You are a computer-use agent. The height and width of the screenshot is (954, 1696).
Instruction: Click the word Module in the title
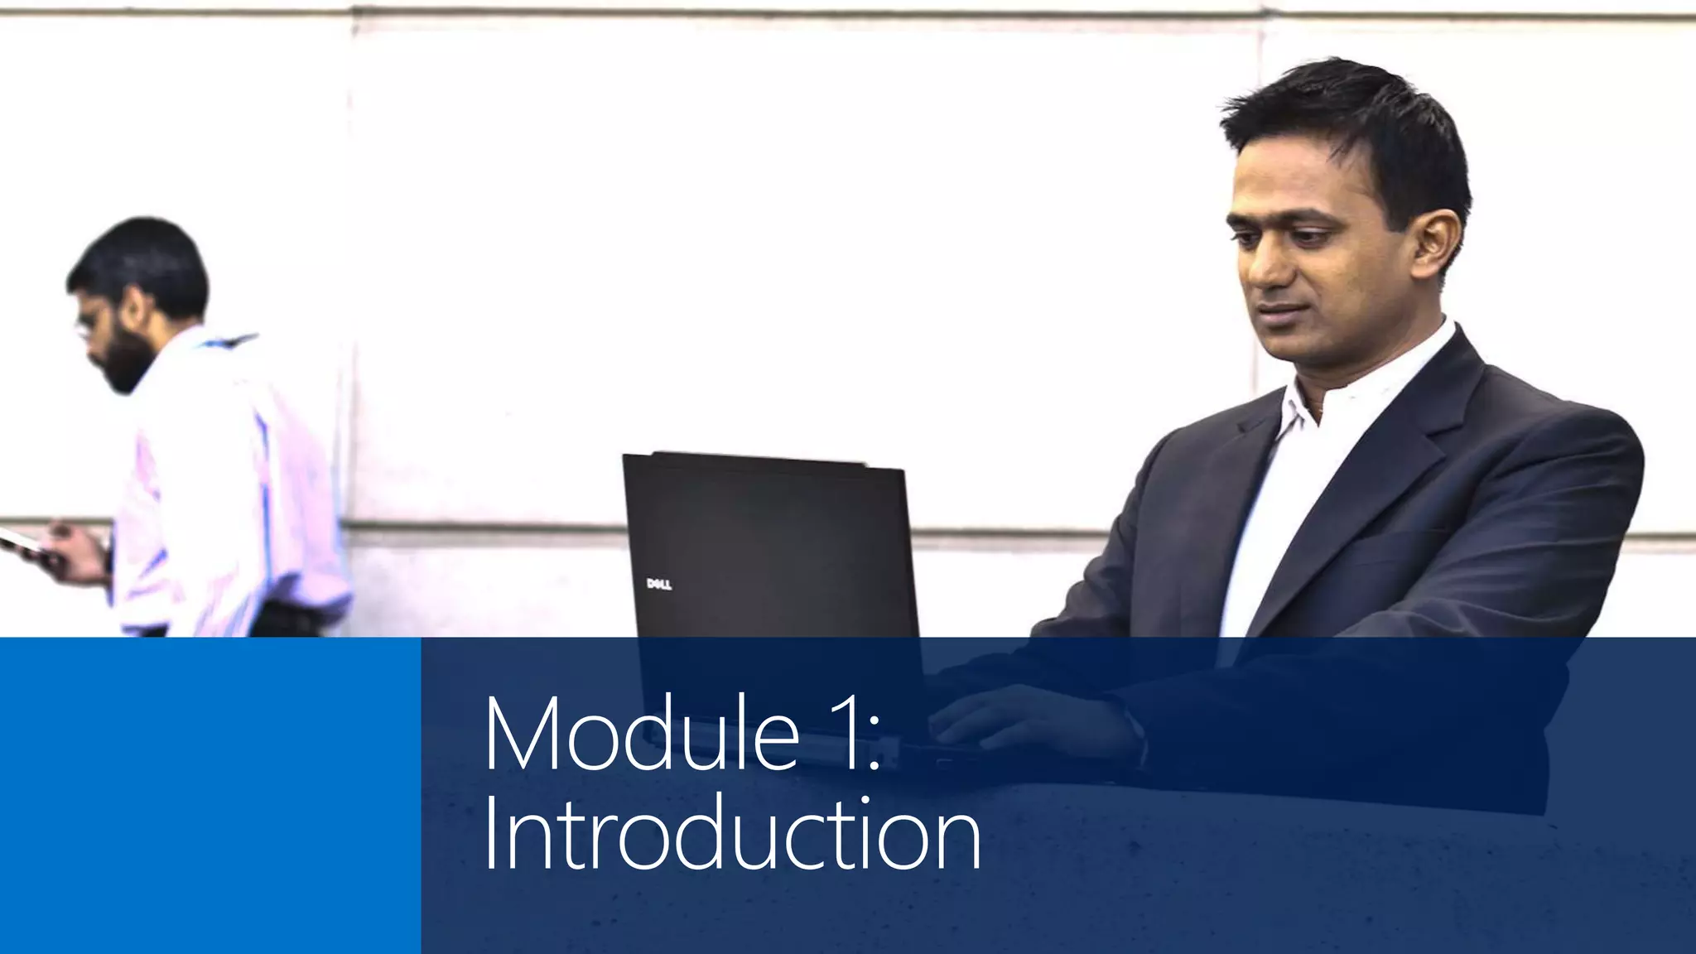tap(642, 734)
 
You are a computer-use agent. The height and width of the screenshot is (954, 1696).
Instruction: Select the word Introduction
tap(731, 833)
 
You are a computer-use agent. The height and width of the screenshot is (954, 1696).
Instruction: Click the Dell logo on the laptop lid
tap(658, 585)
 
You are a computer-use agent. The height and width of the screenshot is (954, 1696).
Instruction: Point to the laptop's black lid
tap(770, 538)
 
